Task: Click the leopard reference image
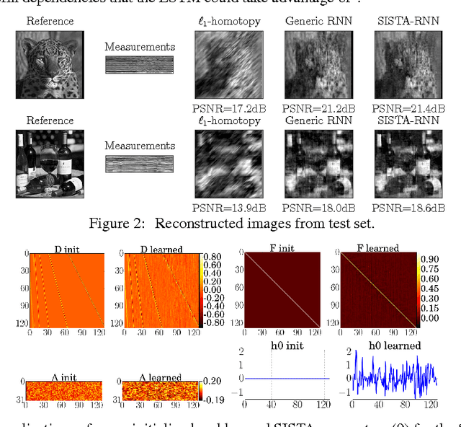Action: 50,65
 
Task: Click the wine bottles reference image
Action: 50,164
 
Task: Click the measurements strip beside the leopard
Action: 140,65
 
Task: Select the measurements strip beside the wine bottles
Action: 140,164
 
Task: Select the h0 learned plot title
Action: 393,345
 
